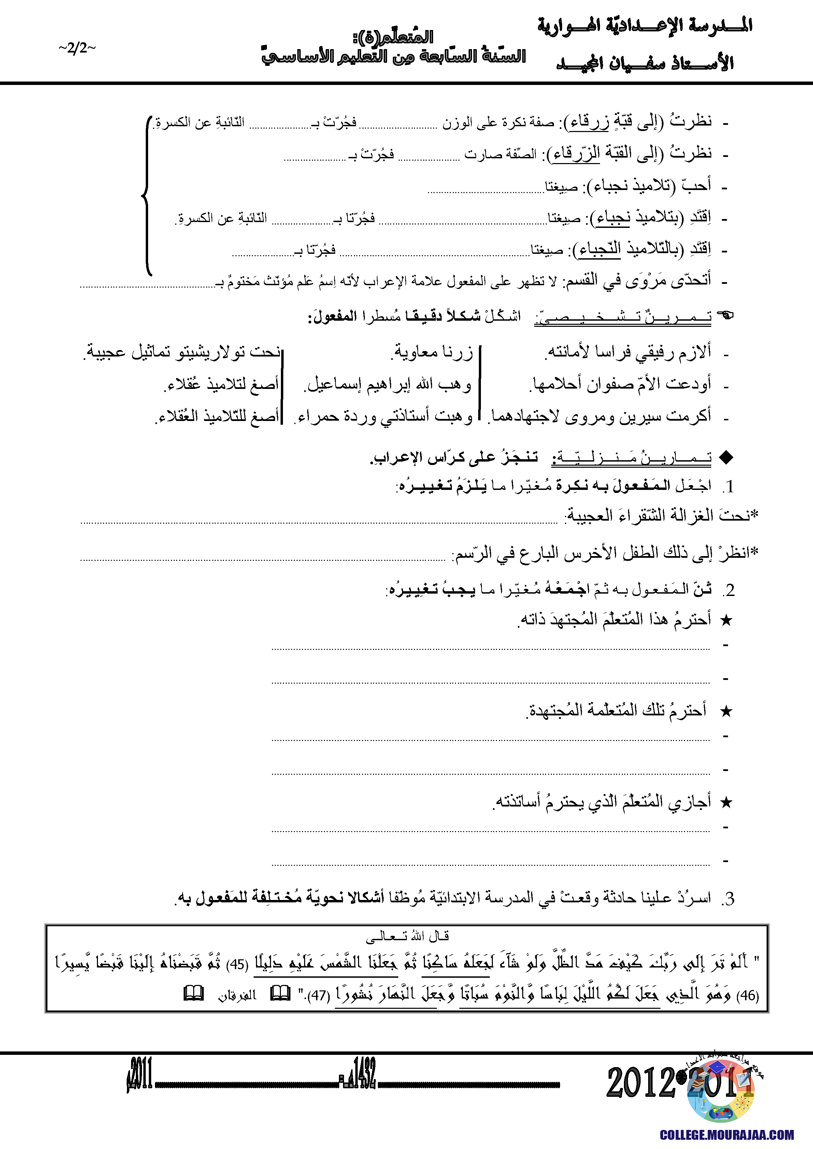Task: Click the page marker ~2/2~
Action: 76,48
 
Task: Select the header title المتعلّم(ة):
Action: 393,37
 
